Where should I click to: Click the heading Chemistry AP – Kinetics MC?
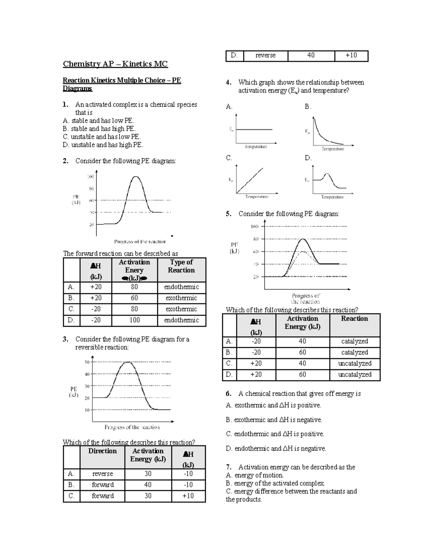(x=115, y=64)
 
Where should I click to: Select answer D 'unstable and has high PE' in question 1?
(x=103, y=145)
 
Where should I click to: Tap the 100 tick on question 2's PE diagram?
(x=91, y=177)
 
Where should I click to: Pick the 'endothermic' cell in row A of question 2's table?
(x=181, y=287)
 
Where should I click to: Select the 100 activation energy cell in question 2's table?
(x=134, y=320)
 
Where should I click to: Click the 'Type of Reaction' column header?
(x=181, y=266)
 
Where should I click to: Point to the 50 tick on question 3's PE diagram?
(x=87, y=362)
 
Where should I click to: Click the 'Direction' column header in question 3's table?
(x=102, y=451)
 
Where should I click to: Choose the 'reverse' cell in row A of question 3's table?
(x=102, y=474)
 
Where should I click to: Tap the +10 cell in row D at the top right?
(x=351, y=56)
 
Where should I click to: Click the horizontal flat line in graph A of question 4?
(x=254, y=129)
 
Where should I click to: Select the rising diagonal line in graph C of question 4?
(x=250, y=181)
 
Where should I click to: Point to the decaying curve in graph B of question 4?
(x=323, y=136)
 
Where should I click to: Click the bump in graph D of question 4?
(x=327, y=175)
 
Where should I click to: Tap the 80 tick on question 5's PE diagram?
(x=256, y=239)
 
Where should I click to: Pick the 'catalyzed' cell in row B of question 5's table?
(x=355, y=352)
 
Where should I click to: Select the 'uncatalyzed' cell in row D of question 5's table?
(x=355, y=375)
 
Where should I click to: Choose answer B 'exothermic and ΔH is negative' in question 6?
(x=274, y=420)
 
